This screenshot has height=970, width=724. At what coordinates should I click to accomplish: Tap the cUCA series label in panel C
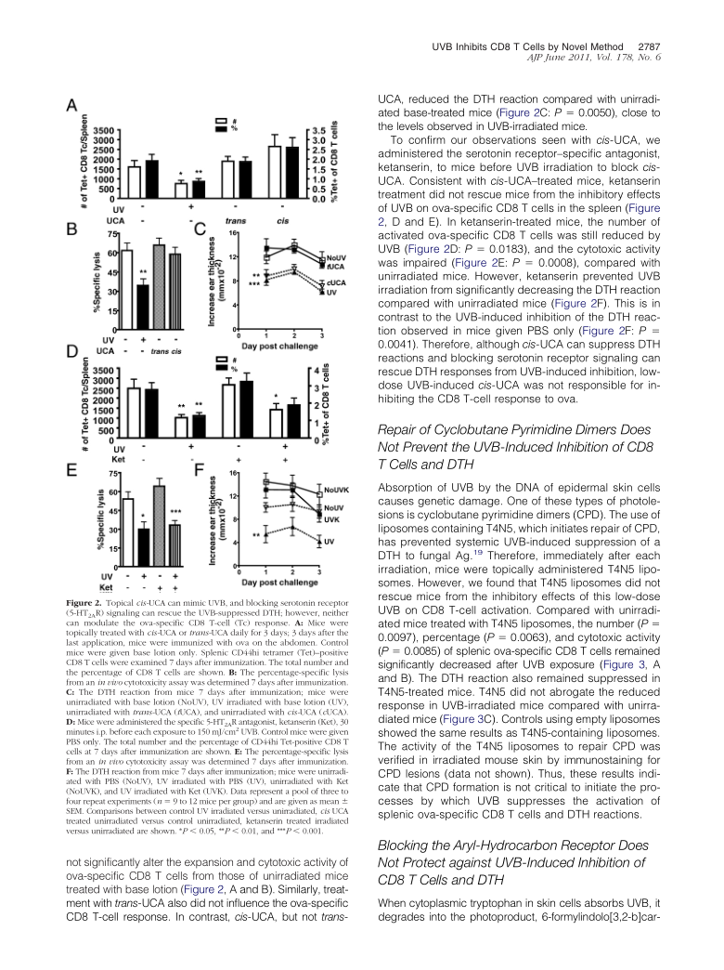point(336,281)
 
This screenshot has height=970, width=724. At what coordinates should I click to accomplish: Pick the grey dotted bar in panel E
point(159,525)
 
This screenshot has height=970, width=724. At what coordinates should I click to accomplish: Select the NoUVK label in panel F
point(338,488)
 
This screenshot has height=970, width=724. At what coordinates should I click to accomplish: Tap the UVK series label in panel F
point(333,521)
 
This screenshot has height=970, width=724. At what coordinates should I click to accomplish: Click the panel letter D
point(71,353)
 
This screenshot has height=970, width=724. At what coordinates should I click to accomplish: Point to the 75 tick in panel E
point(112,474)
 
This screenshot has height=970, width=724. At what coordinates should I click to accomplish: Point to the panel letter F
point(198,471)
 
